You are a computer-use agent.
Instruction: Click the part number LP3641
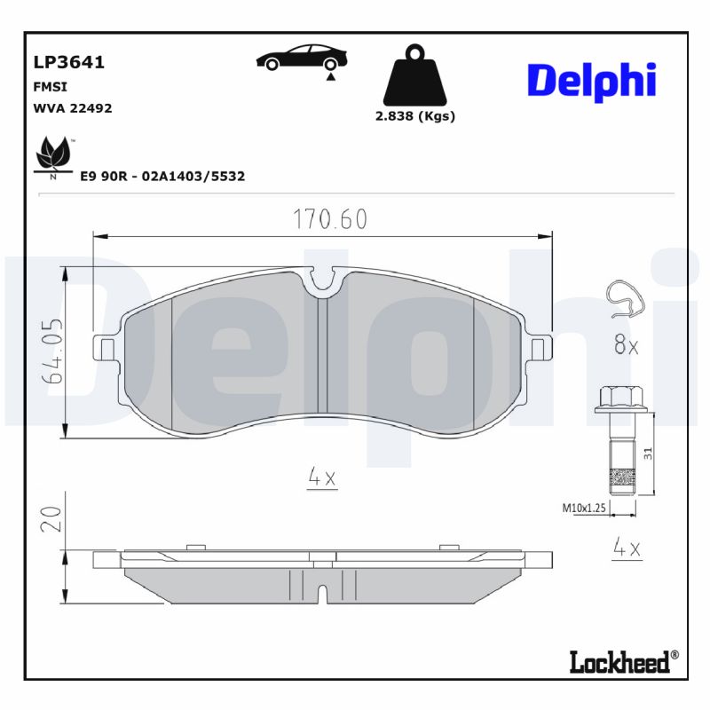tap(68, 62)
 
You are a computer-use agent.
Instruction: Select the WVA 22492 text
tap(72, 108)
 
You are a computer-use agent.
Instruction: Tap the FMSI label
tap(50, 87)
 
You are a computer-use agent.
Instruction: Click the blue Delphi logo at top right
tap(591, 81)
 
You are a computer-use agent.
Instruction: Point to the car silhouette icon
tap(302, 59)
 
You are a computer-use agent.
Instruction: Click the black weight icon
tap(414, 75)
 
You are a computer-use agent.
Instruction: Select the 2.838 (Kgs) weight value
tap(414, 116)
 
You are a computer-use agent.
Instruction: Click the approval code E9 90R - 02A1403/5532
tap(162, 177)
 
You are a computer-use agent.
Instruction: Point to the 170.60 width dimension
tap(330, 219)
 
